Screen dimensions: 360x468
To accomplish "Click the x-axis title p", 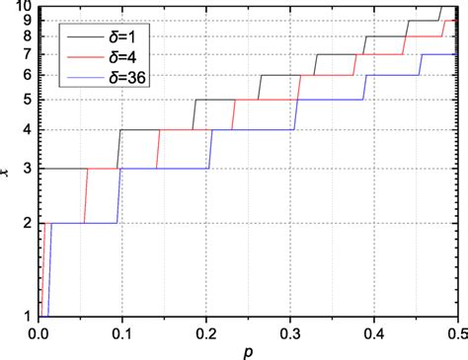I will point(248,350).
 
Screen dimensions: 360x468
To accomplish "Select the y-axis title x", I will point(7,176).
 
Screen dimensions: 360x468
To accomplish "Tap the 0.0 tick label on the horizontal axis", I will point(38,332).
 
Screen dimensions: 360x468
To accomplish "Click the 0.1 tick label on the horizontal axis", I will point(120,332).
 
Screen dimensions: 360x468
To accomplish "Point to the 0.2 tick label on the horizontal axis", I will point(203,332).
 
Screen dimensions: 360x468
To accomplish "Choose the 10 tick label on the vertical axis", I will point(24,7).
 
